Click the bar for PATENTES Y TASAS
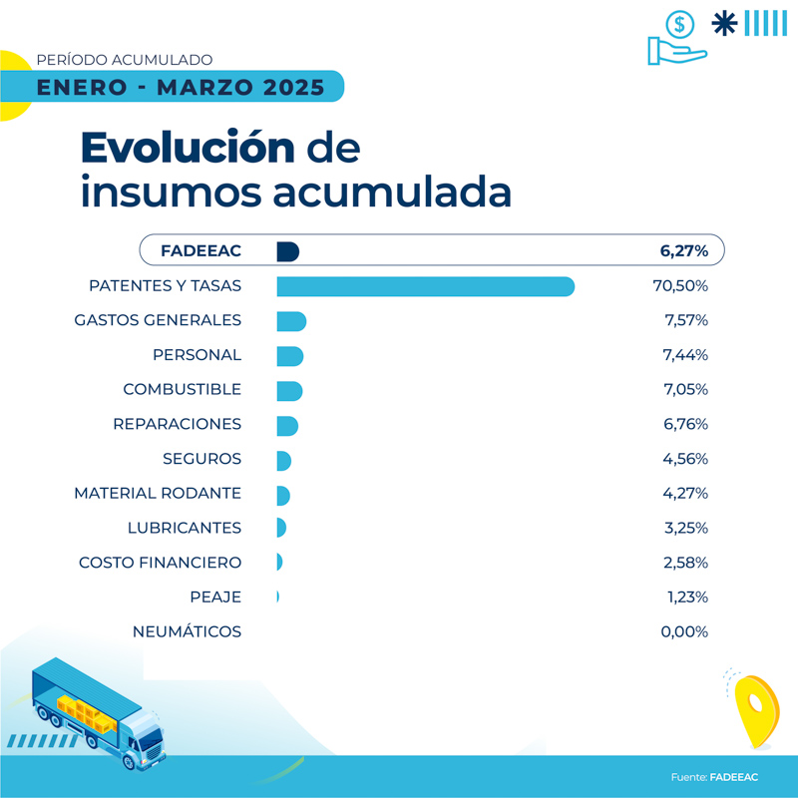coord(425,286)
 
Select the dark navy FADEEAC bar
coord(287,251)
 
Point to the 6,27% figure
coord(684,251)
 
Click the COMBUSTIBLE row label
coord(182,389)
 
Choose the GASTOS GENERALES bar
coord(290,321)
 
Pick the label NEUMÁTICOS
coord(187,631)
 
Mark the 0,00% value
coord(684,631)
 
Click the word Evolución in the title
coord(188,148)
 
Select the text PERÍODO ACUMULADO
coord(124,61)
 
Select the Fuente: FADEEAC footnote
coord(713,777)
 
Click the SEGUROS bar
coord(283,460)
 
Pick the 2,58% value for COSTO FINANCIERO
coord(684,563)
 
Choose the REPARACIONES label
coord(178,424)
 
